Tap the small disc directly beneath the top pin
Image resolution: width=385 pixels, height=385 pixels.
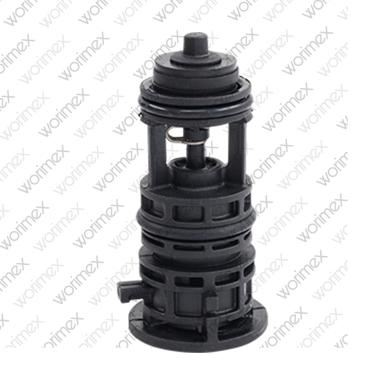[196, 59]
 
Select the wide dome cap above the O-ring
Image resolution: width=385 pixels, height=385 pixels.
[196, 74]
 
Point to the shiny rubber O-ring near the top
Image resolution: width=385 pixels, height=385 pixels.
[196, 105]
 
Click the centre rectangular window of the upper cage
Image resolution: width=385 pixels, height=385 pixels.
[188, 212]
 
